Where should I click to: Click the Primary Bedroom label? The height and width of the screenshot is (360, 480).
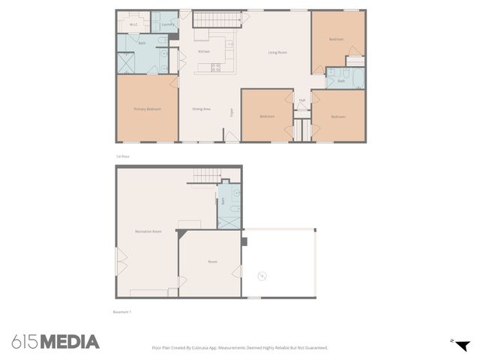[147, 109]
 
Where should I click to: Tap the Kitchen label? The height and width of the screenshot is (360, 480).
[203, 51]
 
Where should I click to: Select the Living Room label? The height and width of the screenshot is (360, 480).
[277, 52]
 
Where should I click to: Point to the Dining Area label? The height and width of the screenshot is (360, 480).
[201, 109]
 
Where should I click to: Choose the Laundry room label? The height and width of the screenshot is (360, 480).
[167, 25]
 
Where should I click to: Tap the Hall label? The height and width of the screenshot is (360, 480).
[302, 100]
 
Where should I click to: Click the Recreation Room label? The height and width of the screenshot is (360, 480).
[148, 231]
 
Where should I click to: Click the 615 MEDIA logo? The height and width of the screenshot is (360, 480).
[55, 342]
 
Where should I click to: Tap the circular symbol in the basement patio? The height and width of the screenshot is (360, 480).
[262, 276]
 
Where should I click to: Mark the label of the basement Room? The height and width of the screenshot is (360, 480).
[212, 261]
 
